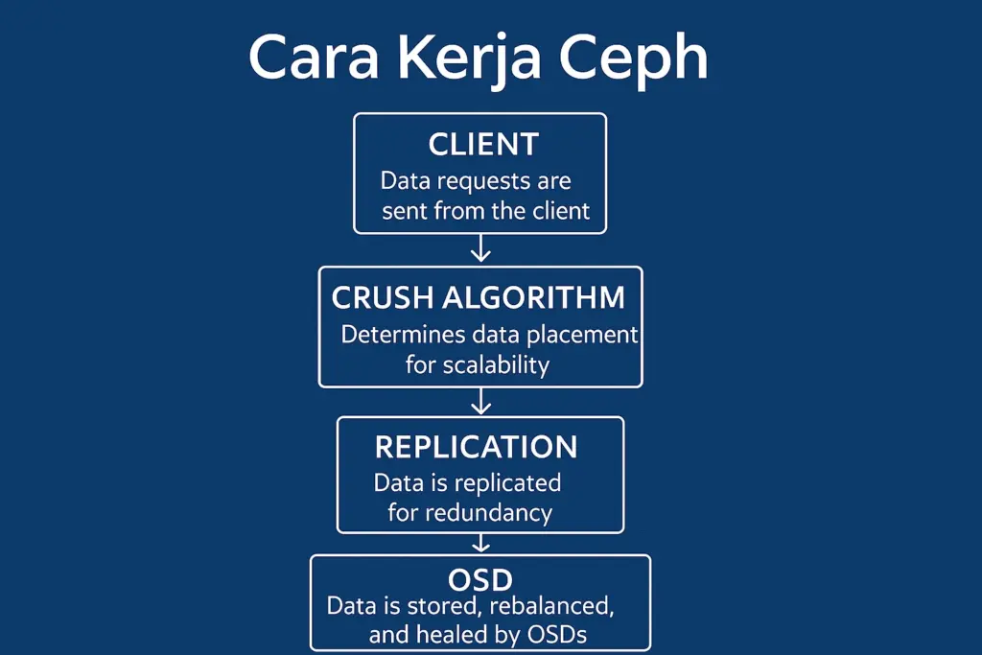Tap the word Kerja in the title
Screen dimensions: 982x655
coord(468,58)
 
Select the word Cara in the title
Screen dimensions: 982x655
coord(314,58)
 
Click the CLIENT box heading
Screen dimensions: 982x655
coord(483,145)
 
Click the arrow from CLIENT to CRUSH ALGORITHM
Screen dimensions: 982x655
coord(480,248)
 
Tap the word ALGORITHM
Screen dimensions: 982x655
coord(533,297)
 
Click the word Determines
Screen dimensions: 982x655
coord(404,335)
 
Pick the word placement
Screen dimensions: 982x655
coord(582,336)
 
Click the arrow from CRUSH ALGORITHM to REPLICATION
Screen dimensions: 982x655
coord(480,402)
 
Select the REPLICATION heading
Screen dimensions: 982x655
coord(476,447)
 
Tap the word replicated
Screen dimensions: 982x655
coord(507,483)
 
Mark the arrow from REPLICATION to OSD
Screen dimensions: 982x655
coord(480,542)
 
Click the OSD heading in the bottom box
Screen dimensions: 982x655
coord(480,580)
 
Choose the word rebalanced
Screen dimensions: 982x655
coord(551,607)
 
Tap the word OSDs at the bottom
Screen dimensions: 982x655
coord(557,635)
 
